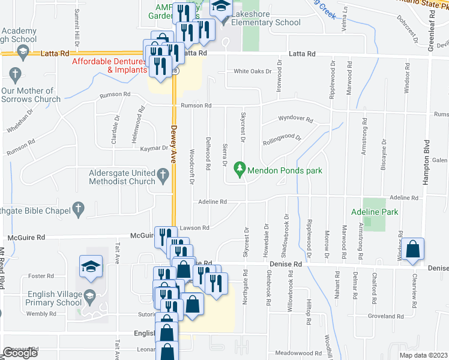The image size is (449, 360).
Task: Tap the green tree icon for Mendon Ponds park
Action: point(241,170)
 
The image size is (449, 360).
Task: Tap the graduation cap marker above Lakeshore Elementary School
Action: point(221,8)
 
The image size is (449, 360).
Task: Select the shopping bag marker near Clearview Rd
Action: point(414,250)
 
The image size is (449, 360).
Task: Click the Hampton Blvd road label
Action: point(427,161)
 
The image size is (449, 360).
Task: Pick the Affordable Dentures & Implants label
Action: point(109,65)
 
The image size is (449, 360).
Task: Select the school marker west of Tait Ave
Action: point(91,266)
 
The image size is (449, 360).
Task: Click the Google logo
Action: point(20,353)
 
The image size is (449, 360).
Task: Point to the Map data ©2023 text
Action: point(424,355)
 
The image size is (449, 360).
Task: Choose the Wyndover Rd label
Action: point(295,119)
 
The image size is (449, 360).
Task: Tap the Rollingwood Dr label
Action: point(282,139)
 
